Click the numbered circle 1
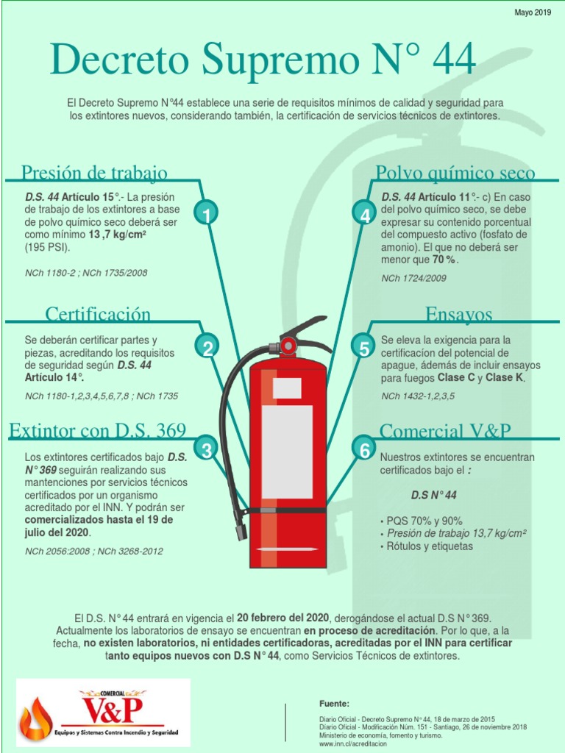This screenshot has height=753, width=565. point(207,215)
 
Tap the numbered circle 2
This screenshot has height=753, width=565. point(207,349)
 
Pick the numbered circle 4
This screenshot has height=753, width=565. point(365,215)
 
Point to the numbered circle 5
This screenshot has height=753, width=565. point(363,349)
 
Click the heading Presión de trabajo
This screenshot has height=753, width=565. point(95,173)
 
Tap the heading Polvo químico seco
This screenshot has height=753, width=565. point(455,173)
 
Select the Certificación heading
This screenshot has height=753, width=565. point(98,314)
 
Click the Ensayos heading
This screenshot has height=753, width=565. point(459,314)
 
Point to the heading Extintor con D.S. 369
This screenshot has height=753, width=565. point(98,430)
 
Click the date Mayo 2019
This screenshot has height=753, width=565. point(533,13)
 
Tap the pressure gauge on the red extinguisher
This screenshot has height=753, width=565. point(288,345)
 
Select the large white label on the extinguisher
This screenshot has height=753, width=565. point(287,452)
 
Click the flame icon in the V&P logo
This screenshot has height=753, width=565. point(35,718)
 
